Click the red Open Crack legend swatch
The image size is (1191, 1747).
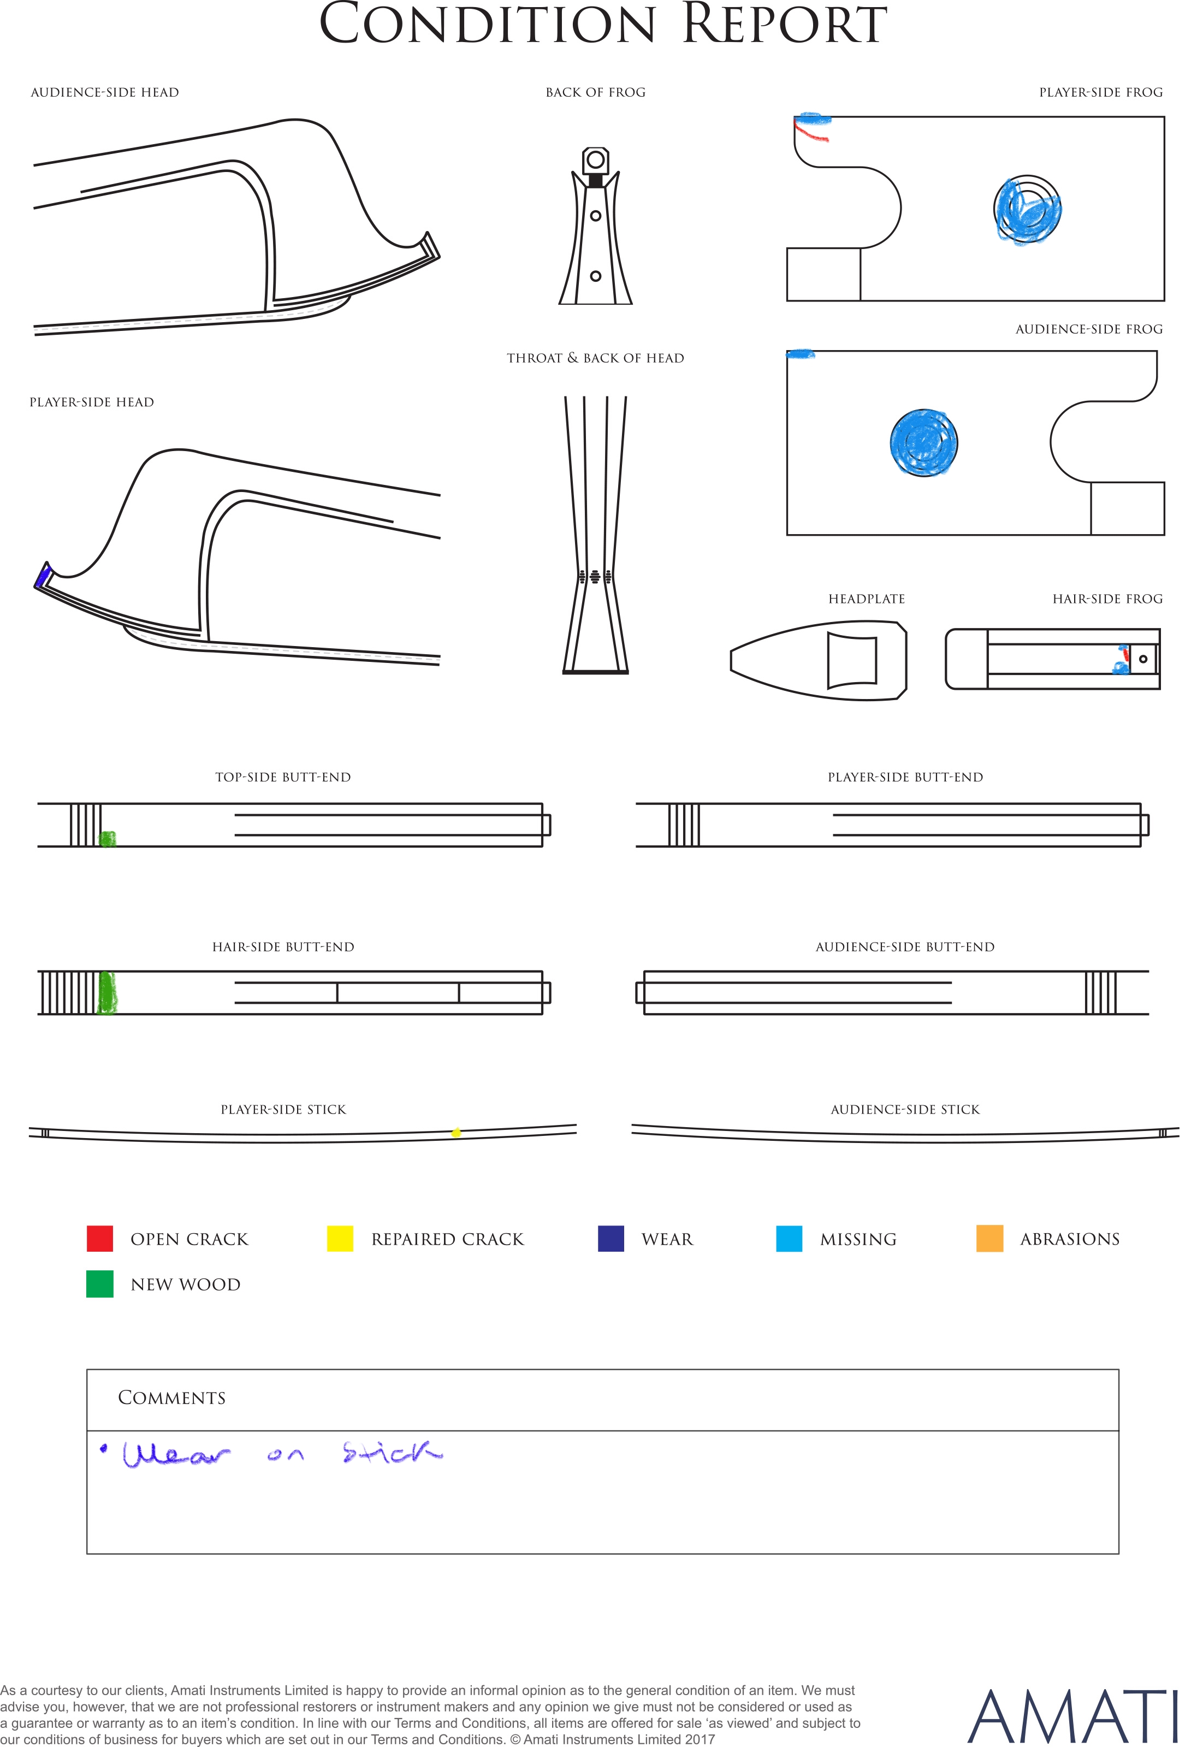[100, 1238]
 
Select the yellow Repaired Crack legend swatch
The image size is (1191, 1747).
[340, 1238]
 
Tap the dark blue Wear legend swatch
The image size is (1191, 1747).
[611, 1238]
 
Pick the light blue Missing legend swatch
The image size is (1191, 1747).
[789, 1238]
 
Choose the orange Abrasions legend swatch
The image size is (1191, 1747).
[989, 1238]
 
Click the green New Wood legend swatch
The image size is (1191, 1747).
[100, 1284]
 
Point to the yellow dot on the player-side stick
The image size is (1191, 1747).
[455, 1132]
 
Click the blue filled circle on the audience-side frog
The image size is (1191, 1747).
[923, 443]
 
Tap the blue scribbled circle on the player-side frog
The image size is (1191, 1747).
[1027, 210]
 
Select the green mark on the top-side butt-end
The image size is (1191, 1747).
[108, 838]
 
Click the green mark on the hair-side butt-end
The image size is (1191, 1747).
[108, 992]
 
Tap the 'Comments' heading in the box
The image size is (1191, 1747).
[171, 1397]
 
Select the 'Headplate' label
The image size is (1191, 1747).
[866, 599]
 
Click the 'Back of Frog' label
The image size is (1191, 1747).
[595, 92]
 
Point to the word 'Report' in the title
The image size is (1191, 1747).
[784, 24]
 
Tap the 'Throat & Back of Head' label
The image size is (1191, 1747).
[595, 358]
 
